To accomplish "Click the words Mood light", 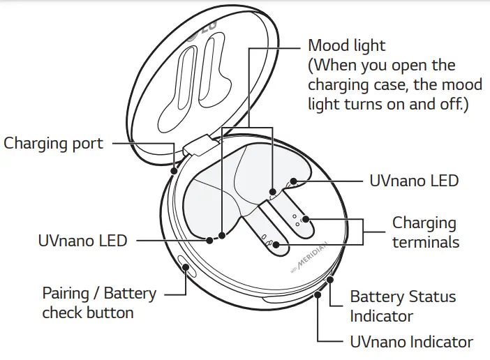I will [x=346, y=46].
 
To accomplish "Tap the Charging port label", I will [x=53, y=144].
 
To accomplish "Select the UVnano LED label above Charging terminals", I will [x=413, y=181].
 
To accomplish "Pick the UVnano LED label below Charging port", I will [x=82, y=241].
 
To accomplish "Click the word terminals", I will [x=426, y=242].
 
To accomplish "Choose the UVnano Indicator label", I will [x=411, y=343].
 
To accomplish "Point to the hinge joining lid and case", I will [x=198, y=145].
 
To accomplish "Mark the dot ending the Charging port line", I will [x=173, y=170].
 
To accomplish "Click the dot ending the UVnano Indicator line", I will [x=319, y=294].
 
